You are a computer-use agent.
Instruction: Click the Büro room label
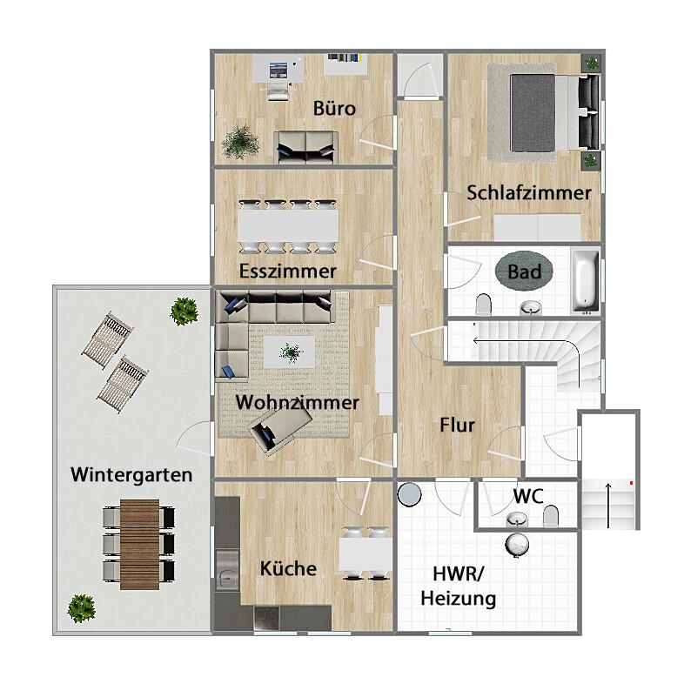coord(334,109)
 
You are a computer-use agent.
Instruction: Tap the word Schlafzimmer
coord(528,192)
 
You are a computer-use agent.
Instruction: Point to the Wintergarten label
coord(131,475)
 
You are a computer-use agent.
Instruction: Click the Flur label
coord(456,426)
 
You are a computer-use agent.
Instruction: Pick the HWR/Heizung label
coord(459,587)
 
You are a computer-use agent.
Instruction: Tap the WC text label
coord(527,496)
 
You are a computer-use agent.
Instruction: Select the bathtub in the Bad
coord(586,281)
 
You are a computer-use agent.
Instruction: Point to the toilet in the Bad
coord(483,304)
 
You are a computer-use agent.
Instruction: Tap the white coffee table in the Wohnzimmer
coord(291,352)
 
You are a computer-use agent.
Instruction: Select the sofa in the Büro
coord(306,146)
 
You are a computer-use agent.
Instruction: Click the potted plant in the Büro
coord(237,143)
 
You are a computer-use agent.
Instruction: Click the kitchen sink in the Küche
coord(228,575)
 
